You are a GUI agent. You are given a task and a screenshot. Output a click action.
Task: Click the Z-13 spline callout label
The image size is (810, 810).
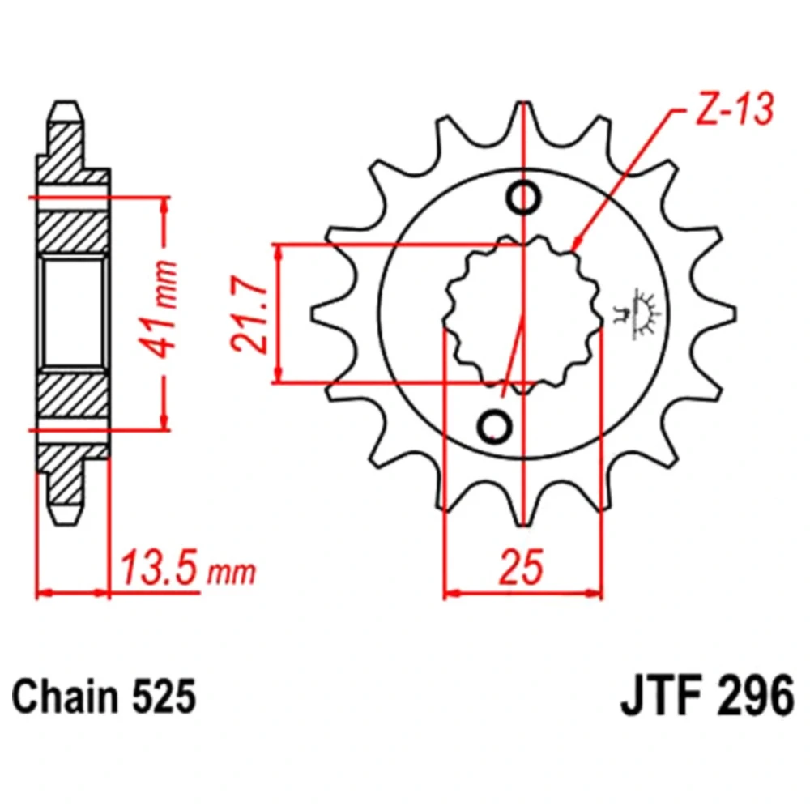(735, 109)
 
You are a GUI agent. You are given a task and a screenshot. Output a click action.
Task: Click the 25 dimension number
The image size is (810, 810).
(522, 567)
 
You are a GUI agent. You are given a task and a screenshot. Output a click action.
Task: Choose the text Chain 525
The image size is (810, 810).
(104, 697)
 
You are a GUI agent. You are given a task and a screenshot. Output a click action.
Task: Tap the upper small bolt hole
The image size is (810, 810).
(524, 198)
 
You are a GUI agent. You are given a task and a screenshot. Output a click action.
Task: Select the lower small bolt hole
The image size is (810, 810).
(495, 427)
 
